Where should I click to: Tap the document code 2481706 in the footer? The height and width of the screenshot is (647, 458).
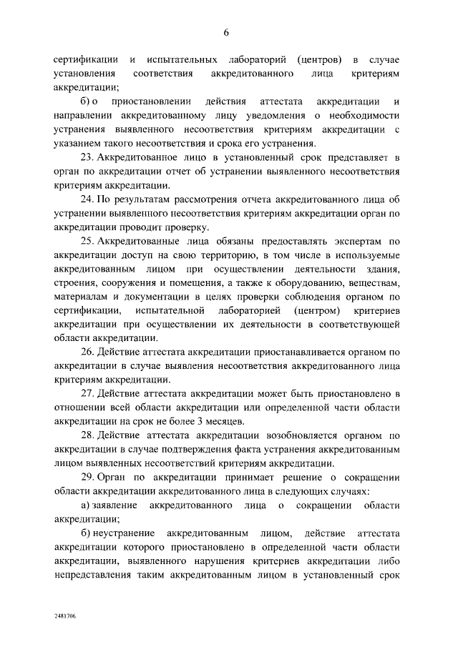[65, 615]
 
